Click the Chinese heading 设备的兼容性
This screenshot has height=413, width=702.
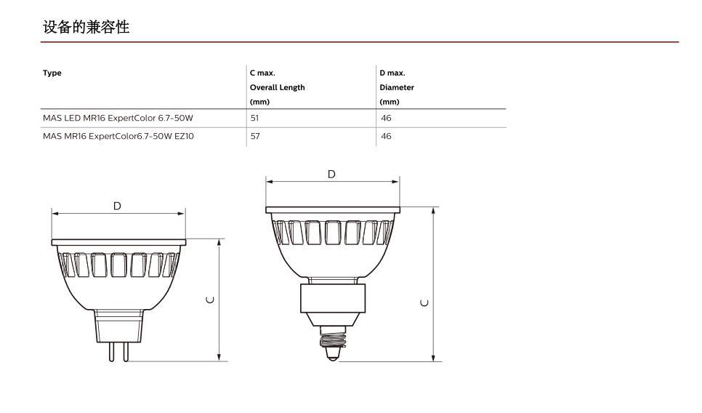(x=86, y=27)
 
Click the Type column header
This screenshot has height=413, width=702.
(x=52, y=73)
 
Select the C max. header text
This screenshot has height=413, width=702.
(x=262, y=73)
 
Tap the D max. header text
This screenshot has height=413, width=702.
(x=392, y=73)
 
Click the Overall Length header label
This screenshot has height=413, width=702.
(x=277, y=87)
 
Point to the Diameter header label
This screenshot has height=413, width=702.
(x=397, y=87)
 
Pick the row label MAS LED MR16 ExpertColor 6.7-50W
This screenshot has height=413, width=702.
(x=118, y=118)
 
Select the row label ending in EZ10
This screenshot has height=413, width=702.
(x=118, y=136)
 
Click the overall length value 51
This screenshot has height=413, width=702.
(x=254, y=118)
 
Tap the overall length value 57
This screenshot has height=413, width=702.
(x=255, y=136)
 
